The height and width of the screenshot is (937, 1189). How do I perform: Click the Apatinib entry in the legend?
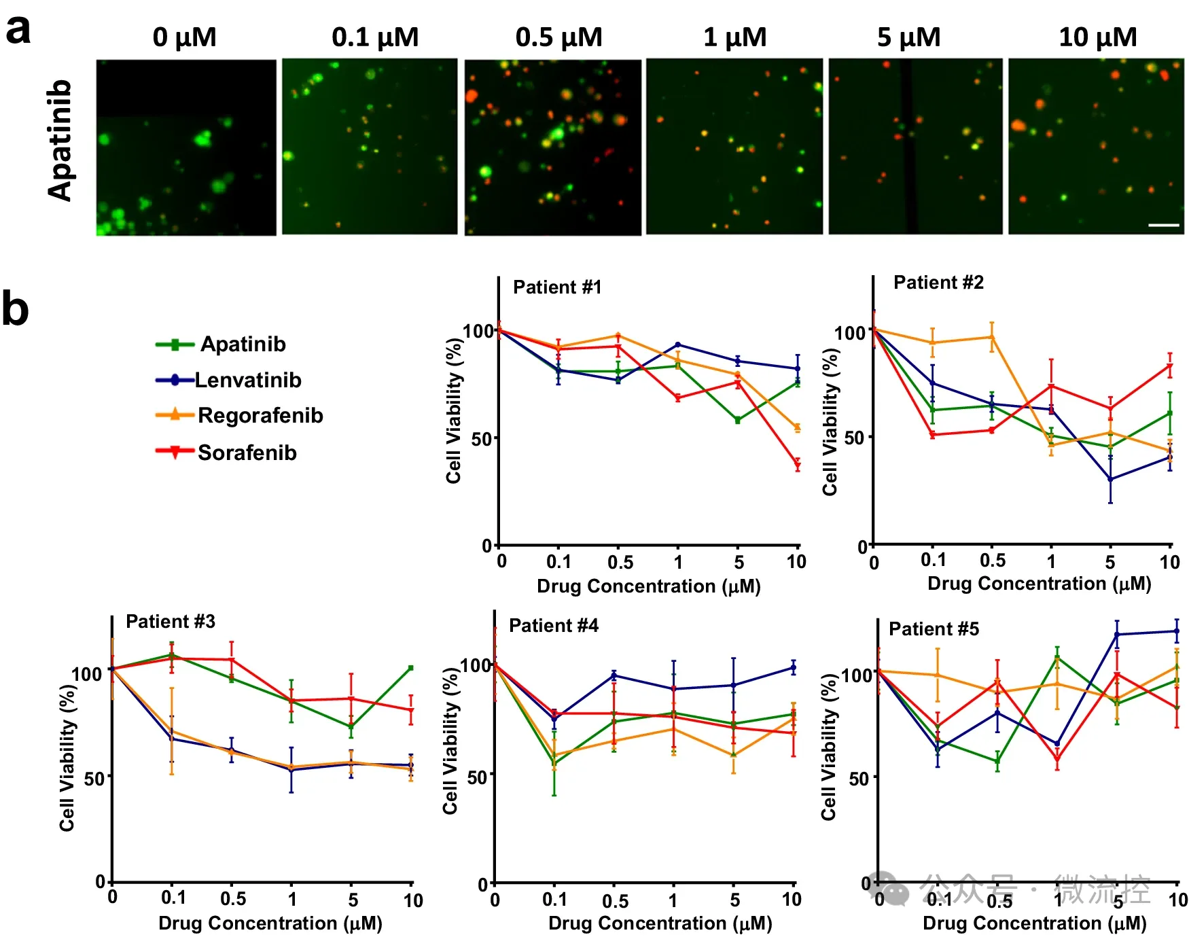[243, 344]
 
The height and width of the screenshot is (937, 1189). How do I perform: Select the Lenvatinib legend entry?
[247, 380]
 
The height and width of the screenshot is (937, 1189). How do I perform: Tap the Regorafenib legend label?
[260, 415]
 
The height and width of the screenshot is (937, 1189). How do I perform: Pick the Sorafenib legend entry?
[247, 453]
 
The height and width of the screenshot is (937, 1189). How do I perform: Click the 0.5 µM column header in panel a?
[558, 37]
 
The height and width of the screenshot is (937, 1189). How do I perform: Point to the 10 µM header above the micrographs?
[1097, 37]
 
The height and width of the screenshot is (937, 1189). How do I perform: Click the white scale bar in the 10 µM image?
[1163, 225]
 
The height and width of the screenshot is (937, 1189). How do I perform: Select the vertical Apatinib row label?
[60, 141]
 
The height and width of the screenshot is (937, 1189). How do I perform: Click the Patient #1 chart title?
[557, 287]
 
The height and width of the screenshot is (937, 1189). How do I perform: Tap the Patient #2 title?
[938, 283]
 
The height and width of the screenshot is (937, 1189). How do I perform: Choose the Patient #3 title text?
[171, 622]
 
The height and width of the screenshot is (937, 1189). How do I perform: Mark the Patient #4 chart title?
[554, 626]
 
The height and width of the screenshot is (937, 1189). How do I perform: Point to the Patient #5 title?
[934, 629]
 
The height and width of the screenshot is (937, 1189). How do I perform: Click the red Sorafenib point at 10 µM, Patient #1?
[798, 465]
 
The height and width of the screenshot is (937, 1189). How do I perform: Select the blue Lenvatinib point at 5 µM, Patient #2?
[1110, 479]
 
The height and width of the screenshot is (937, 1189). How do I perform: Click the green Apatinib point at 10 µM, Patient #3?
[410, 668]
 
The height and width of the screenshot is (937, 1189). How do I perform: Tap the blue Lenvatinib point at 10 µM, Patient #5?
[1177, 631]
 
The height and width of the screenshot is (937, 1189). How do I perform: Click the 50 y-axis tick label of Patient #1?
[482, 439]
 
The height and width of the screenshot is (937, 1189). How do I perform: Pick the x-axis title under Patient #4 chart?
[660, 923]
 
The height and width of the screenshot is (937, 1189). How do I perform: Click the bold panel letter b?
[15, 309]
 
